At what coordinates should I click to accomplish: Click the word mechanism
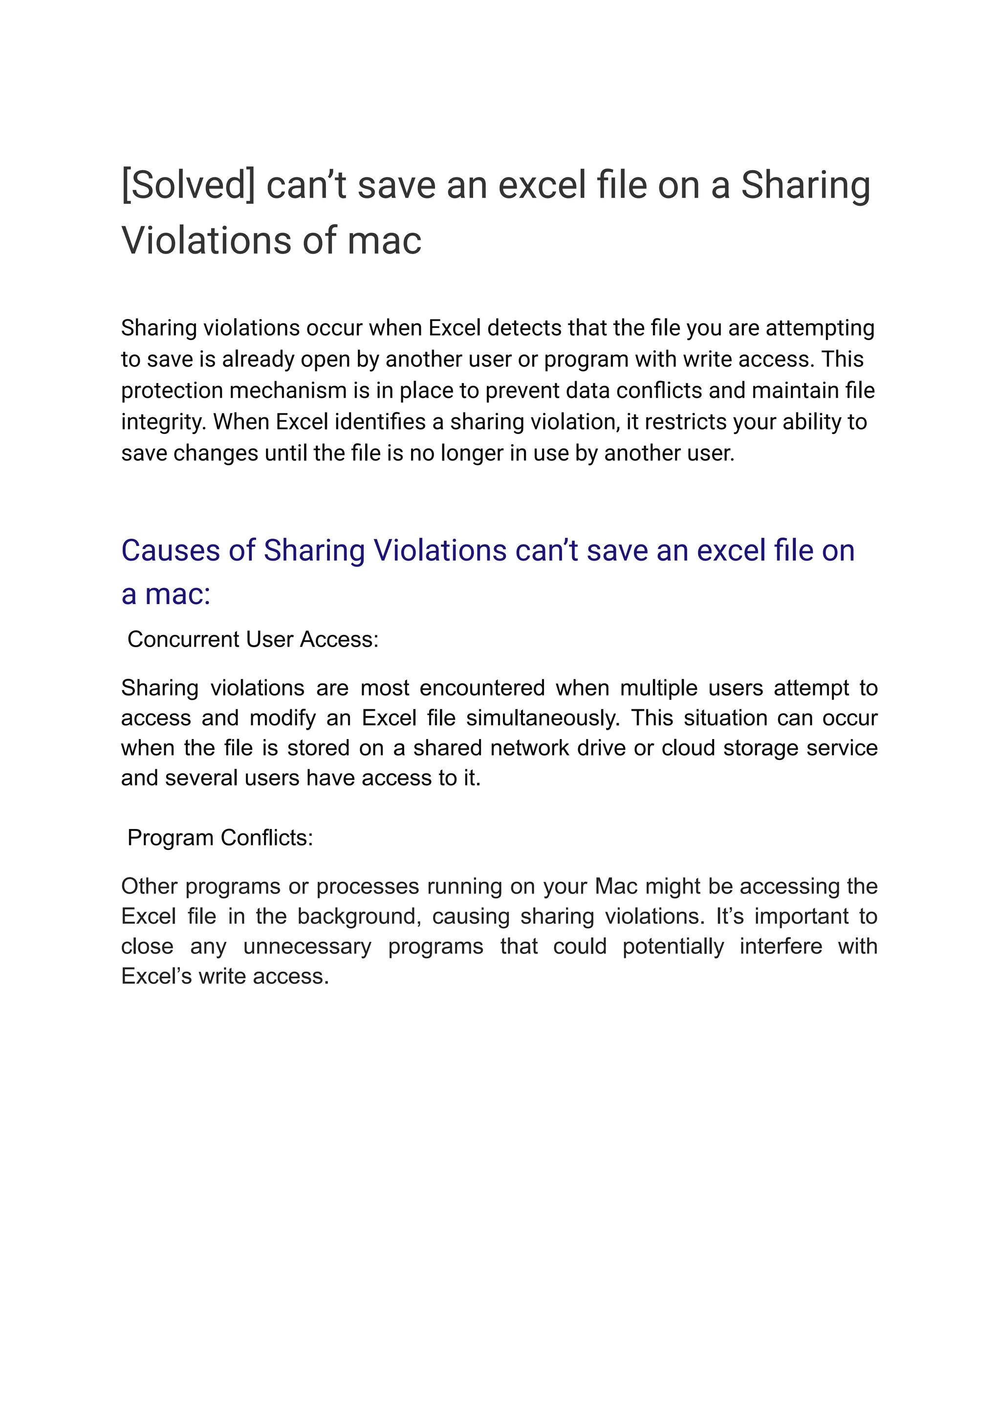(x=288, y=391)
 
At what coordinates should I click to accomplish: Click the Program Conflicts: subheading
(x=220, y=838)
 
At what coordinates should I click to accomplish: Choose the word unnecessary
(x=307, y=946)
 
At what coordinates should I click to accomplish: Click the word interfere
(x=781, y=946)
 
